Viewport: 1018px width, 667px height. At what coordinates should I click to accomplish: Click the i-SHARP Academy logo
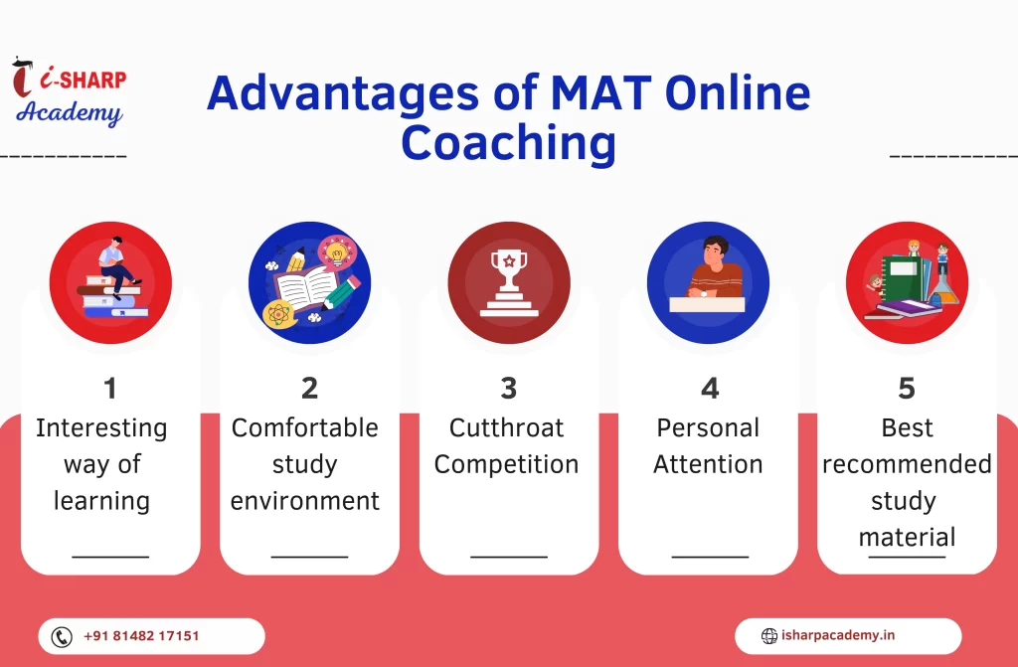click(x=69, y=91)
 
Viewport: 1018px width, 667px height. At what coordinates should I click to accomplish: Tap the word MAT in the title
click(x=601, y=92)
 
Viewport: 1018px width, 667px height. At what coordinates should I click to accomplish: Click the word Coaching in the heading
click(x=508, y=143)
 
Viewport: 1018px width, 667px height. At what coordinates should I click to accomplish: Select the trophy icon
click(x=509, y=283)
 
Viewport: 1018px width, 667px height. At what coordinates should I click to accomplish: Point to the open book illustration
click(x=307, y=287)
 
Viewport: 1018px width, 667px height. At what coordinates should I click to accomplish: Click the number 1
click(x=109, y=389)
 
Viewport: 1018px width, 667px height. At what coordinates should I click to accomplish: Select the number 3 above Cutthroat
click(x=509, y=389)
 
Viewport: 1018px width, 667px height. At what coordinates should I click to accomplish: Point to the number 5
click(x=907, y=389)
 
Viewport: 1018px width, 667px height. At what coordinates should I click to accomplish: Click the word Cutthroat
click(x=506, y=428)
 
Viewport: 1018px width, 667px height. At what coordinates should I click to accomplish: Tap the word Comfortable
click(x=304, y=428)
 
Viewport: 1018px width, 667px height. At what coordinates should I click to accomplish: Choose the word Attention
click(x=708, y=464)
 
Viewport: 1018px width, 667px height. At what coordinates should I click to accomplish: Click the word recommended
click(x=907, y=464)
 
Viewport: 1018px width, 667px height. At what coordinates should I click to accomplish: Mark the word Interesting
click(x=102, y=429)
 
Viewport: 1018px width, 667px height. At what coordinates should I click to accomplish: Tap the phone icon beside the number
click(x=62, y=636)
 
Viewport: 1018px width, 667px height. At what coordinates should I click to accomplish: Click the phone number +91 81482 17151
click(x=141, y=636)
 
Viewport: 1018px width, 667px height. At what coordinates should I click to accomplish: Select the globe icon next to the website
click(x=769, y=636)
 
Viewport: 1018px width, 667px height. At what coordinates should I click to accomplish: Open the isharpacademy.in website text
click(x=838, y=635)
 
